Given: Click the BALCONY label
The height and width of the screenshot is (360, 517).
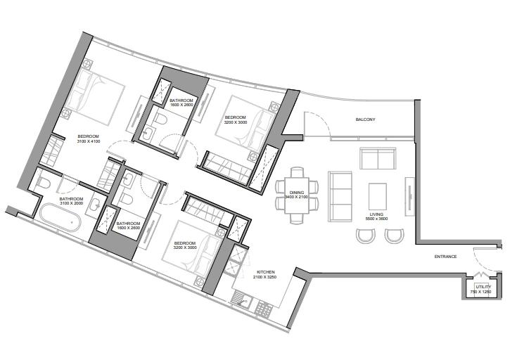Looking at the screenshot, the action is pos(365,120).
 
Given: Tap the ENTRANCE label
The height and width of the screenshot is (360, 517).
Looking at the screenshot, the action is pos(445,257).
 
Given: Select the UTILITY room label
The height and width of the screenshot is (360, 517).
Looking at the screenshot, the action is pos(483,287).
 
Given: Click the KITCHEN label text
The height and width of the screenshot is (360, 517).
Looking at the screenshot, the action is pos(266,272).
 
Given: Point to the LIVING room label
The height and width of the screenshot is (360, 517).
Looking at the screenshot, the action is pos(376,214).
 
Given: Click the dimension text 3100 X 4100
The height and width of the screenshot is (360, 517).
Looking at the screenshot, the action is pos(89,141).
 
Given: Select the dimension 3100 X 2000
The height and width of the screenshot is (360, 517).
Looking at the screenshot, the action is pos(71,203).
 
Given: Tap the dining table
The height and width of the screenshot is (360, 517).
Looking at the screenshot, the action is pos(297,195).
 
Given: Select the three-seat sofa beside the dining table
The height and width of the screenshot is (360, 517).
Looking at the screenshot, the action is pos(340,196).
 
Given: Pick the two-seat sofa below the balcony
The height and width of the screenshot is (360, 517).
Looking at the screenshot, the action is pos(378,159).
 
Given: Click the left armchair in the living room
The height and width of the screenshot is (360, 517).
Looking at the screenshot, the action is pos(366,236).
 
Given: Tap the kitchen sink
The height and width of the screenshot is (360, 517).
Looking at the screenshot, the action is pos(242,300).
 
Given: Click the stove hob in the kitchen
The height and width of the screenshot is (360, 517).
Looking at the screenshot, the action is pos(264,309).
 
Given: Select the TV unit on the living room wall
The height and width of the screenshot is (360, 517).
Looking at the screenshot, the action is pos(410,196).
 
